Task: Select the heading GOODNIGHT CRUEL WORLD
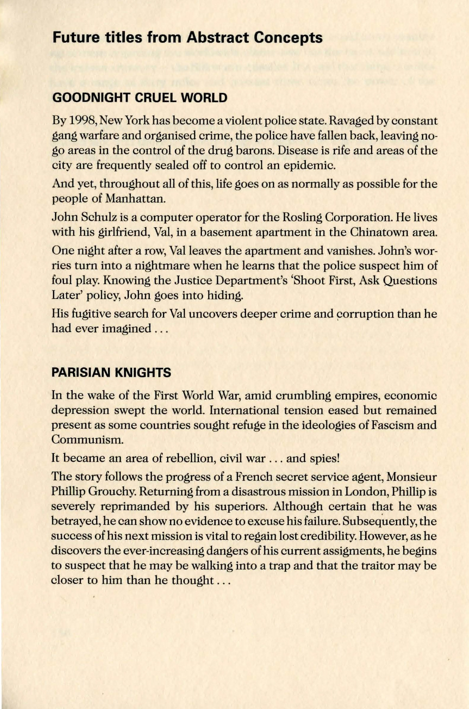(140, 98)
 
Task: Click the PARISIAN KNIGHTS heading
(111, 373)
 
